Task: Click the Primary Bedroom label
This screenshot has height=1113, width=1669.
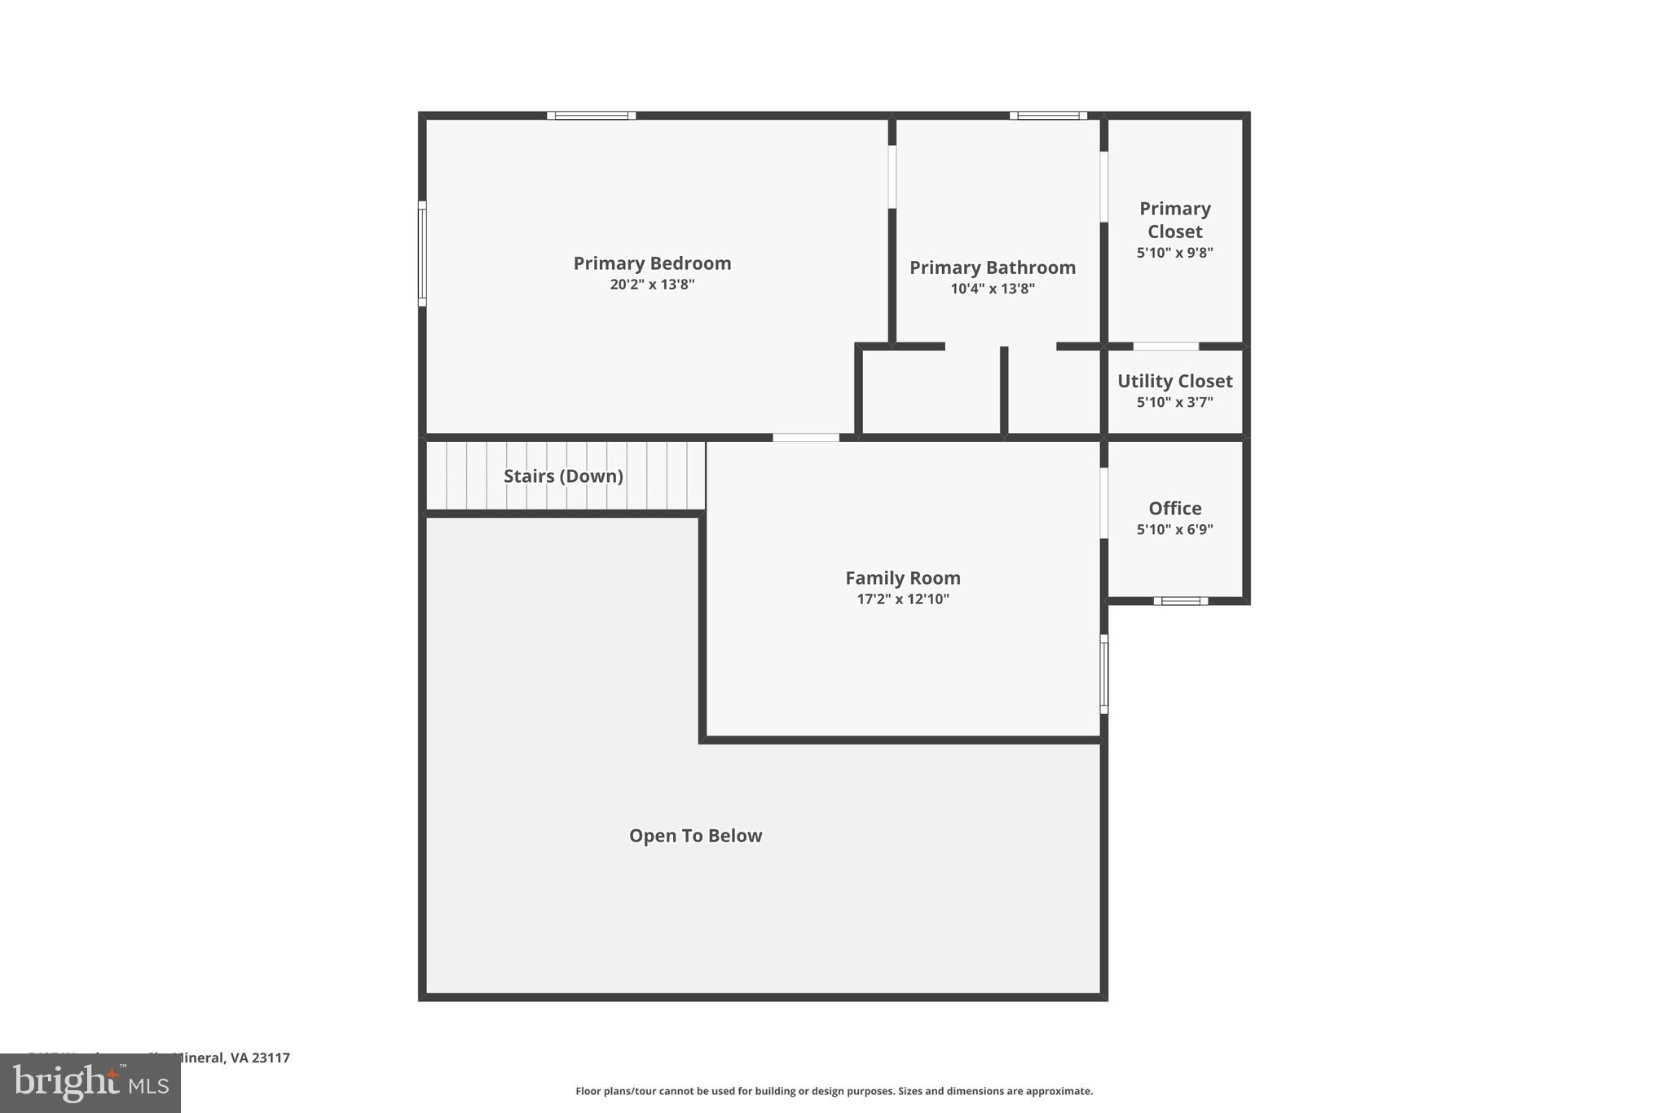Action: click(652, 263)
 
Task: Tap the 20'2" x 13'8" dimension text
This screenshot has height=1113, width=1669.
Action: click(652, 285)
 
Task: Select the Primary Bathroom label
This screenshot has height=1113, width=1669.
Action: click(992, 267)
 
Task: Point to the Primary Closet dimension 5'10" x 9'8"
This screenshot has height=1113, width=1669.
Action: click(1174, 253)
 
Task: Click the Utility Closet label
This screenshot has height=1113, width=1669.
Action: click(1174, 381)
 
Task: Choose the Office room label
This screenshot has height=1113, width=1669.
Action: click(1174, 508)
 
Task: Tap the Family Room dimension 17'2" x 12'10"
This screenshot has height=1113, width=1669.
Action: click(902, 599)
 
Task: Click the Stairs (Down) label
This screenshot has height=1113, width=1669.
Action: click(563, 476)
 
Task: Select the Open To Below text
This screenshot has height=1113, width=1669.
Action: click(695, 836)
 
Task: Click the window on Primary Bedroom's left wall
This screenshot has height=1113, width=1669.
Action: click(422, 254)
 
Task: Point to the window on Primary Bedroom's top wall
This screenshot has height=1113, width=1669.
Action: click(591, 116)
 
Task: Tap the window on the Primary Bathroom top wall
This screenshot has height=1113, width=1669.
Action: click(1048, 116)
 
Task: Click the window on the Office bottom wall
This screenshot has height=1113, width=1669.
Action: click(1180, 601)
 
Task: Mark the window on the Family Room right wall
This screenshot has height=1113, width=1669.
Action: click(1104, 674)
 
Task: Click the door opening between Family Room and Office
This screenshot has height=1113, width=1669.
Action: click(1104, 502)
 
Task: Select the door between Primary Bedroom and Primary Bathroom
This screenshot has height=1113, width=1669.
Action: click(892, 177)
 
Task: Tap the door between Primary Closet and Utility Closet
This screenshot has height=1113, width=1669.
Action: click(1165, 347)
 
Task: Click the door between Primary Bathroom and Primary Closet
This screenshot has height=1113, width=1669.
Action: click(1104, 187)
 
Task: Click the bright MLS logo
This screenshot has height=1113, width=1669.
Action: click(90, 1084)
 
